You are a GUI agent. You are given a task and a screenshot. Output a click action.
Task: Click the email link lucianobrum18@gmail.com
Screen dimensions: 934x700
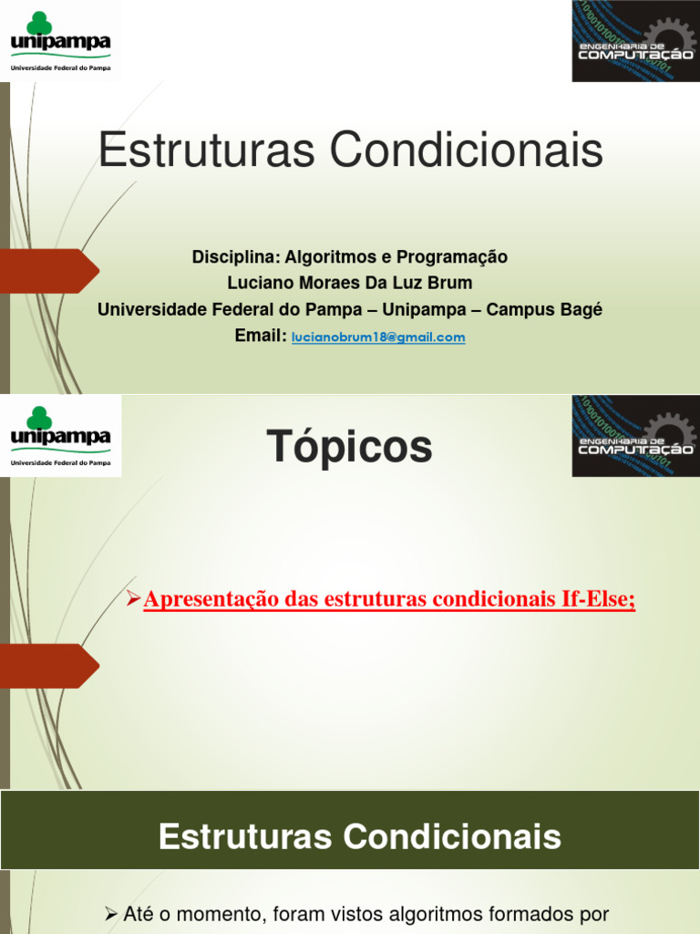point(378,337)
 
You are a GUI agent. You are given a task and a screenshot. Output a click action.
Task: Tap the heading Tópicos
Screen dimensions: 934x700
point(349,447)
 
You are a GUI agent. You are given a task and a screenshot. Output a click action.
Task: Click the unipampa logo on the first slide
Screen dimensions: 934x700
point(60,41)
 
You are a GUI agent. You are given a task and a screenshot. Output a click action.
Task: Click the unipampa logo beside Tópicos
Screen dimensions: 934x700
point(60,436)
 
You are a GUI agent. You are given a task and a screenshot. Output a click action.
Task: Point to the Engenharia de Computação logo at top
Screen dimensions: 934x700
point(635,41)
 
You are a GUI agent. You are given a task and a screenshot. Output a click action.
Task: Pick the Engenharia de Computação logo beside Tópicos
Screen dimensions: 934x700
point(635,436)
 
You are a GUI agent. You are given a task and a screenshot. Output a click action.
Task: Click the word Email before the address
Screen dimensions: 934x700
point(260,336)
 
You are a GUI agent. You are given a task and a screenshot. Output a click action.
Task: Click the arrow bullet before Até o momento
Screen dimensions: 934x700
point(112,914)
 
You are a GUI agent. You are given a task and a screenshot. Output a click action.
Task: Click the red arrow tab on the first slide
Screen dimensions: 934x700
point(46,271)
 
